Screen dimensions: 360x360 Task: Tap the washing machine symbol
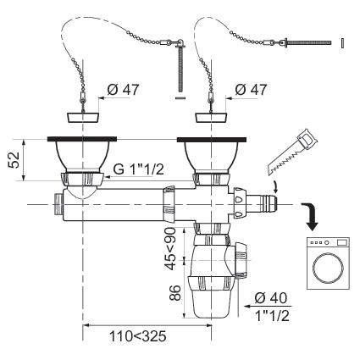click(x=328, y=263)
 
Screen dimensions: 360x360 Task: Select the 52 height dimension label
click(x=14, y=160)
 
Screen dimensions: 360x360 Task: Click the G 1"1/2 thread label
click(x=138, y=169)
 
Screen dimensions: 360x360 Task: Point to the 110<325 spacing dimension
click(x=138, y=336)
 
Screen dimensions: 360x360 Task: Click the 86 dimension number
click(x=174, y=292)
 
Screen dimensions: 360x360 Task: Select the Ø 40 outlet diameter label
click(x=271, y=298)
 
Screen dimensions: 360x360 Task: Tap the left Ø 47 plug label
click(x=123, y=90)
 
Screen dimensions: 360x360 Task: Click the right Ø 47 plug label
click(x=251, y=90)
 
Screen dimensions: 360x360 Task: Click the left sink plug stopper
click(x=83, y=118)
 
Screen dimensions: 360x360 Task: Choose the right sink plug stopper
click(x=212, y=118)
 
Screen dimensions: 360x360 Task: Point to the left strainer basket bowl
click(x=82, y=156)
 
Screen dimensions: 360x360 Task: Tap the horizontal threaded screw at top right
click(x=308, y=43)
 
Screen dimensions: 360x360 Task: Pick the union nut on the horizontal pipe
click(x=169, y=204)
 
